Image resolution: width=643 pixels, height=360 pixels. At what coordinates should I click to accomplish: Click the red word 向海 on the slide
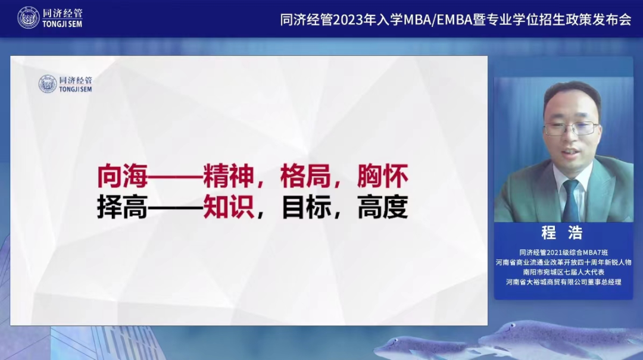[x=122, y=176]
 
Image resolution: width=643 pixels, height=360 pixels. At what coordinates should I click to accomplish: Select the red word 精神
[x=229, y=176]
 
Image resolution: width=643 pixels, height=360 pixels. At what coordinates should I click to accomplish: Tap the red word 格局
[x=305, y=176]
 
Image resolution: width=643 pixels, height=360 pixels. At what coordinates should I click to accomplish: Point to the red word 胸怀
[x=383, y=176]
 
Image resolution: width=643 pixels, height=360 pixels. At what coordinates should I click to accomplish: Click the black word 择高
[x=122, y=207]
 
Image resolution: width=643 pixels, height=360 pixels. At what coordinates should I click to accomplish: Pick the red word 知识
[x=229, y=207]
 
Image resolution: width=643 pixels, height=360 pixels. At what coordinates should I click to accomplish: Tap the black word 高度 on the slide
[x=383, y=207]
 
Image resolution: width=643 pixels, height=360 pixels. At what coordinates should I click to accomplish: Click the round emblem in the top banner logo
[x=29, y=18]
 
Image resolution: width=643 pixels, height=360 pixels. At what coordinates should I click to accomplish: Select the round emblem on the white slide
[x=48, y=84]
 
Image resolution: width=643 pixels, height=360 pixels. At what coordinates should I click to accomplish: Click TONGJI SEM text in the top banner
[x=63, y=24]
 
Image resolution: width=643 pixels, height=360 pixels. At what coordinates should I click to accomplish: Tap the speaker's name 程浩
[x=562, y=233]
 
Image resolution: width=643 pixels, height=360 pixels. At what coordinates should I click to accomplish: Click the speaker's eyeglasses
[x=571, y=129]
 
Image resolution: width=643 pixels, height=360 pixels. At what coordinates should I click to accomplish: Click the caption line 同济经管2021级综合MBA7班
[x=563, y=252]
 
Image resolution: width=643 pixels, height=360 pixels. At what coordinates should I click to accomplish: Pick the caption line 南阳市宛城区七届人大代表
[x=563, y=272]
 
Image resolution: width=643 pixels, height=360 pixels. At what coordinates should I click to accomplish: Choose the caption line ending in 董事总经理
[x=563, y=281]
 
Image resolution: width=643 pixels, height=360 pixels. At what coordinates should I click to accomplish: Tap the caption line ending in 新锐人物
[x=563, y=262]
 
